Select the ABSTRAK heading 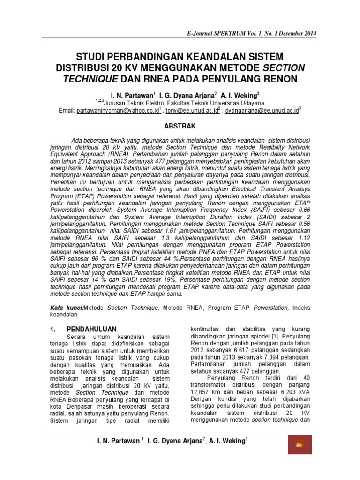[x=180, y=126]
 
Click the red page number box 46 [x=298, y=445]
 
